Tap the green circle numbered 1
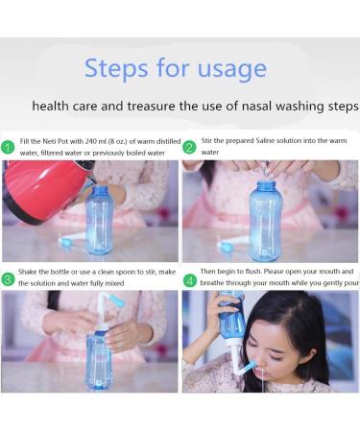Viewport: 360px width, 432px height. click(9, 147)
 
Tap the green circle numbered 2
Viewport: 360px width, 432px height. click(189, 147)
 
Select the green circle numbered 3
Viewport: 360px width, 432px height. click(9, 279)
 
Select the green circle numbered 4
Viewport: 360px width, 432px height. click(189, 279)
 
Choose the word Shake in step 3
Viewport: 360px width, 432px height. click(33, 274)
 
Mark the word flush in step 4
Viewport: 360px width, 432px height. click(254, 274)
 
